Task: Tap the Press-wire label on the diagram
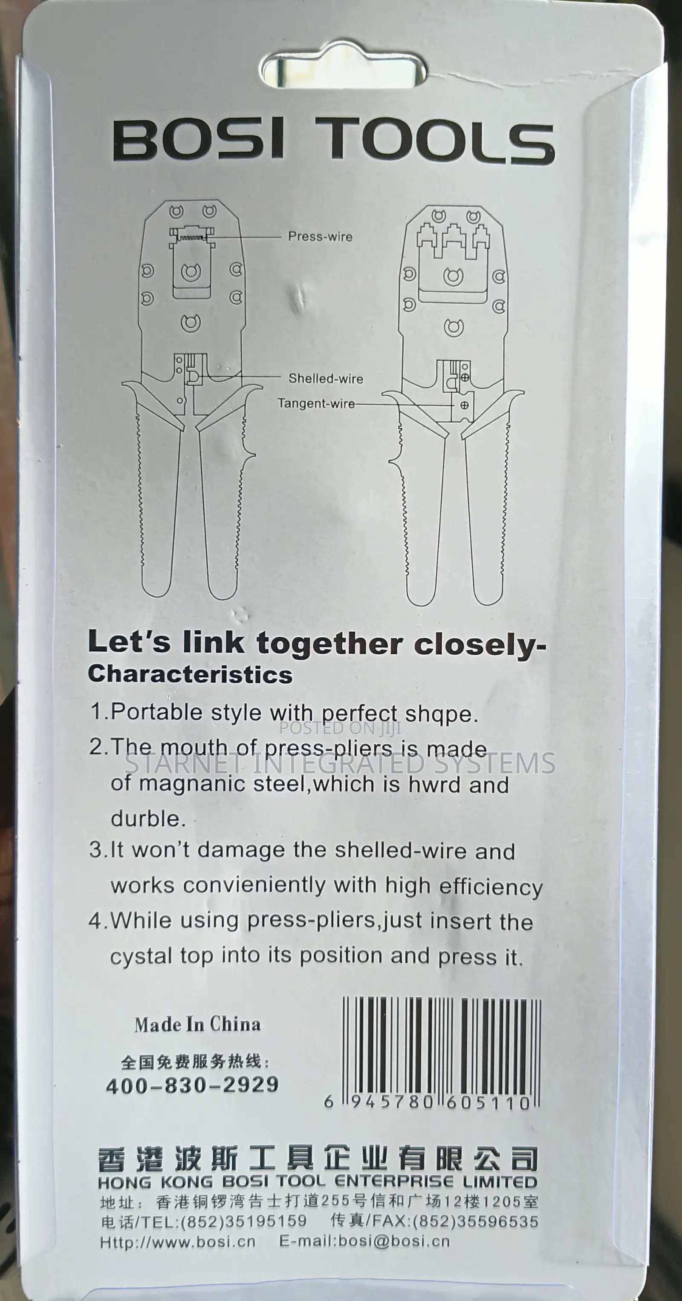click(320, 236)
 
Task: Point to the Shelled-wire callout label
click(326, 378)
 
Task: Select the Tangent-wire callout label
click(316, 403)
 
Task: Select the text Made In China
click(197, 1024)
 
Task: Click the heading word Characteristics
click(190, 675)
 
